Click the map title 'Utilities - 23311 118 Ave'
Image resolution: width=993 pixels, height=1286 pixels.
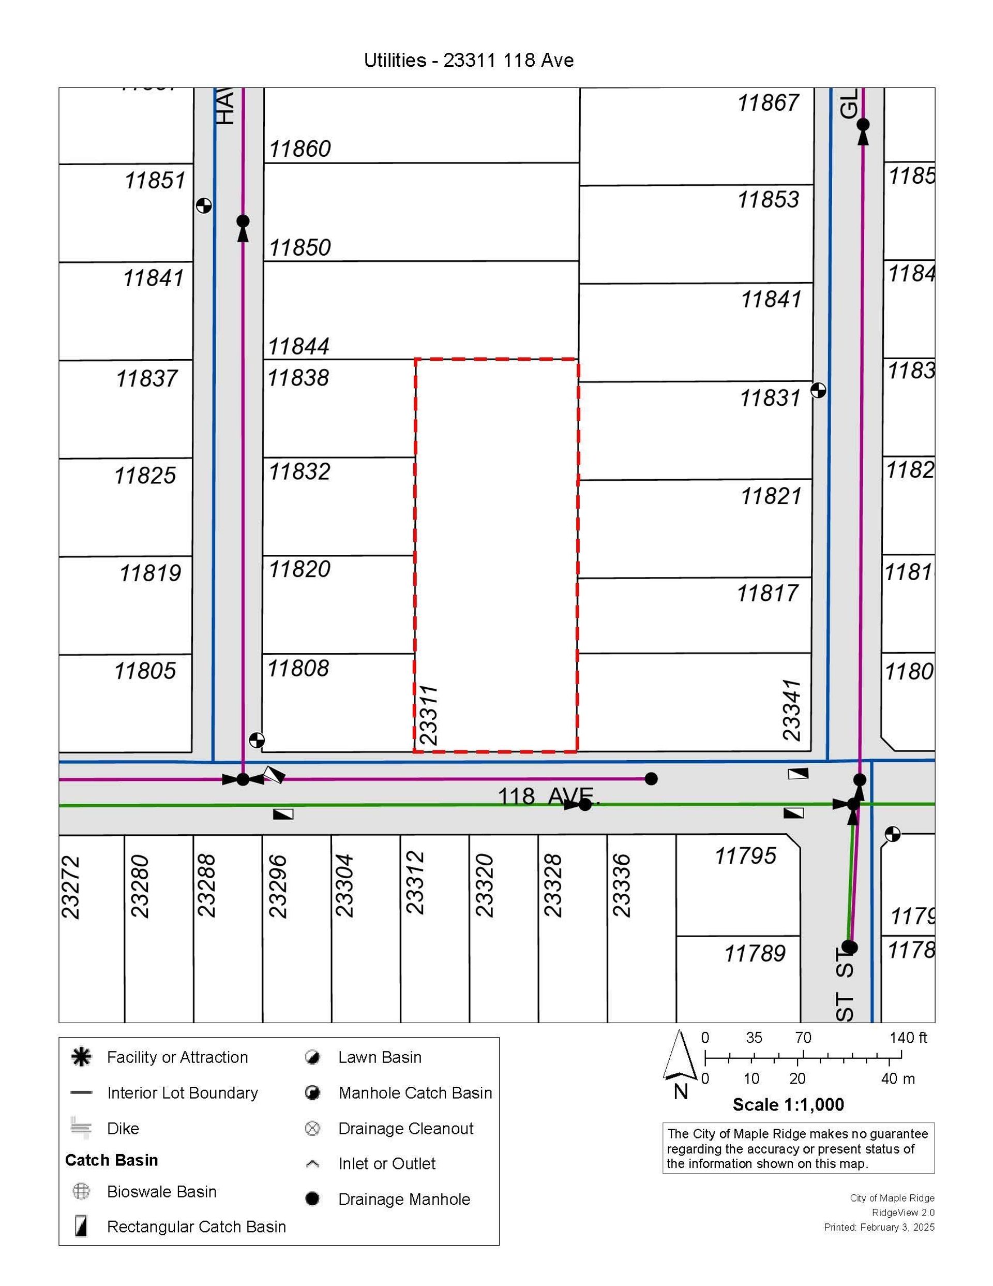469,60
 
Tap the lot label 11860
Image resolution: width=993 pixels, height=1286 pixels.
299,149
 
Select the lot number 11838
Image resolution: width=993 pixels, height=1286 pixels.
298,378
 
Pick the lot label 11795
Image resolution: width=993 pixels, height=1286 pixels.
745,855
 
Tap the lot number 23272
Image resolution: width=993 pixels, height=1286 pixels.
71,888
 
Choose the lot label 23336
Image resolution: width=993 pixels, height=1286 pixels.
622,886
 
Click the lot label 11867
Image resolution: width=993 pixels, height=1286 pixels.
768,103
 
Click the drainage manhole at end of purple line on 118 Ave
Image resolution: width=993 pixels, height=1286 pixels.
651,778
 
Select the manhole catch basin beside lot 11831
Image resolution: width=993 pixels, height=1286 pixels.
818,390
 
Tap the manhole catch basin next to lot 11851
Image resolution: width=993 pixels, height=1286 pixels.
204,205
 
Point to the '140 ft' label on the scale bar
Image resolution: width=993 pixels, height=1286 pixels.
908,1038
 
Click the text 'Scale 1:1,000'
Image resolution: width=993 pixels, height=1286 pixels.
788,1105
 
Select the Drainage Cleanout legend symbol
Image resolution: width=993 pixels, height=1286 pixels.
312,1129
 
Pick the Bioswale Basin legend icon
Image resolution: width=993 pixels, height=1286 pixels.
81,1192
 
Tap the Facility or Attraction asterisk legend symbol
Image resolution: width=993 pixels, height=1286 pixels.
81,1058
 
